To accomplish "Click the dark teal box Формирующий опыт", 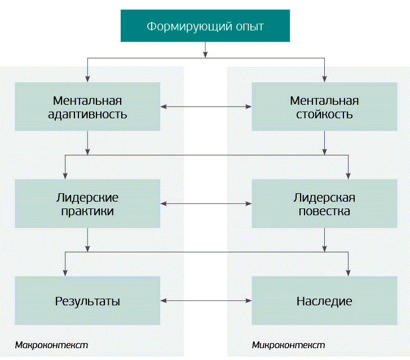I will [x=205, y=26].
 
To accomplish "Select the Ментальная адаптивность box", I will [x=87, y=108].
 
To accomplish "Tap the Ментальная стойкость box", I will [x=324, y=108].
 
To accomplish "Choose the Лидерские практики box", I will [x=87, y=205].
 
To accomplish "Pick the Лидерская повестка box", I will [x=324, y=205].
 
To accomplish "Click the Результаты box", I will [x=87, y=301].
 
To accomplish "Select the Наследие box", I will [x=324, y=301].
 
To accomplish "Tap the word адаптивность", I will [x=87, y=114].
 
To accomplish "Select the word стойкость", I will [x=324, y=114].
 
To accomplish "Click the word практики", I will [x=87, y=212].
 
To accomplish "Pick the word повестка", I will [x=324, y=212].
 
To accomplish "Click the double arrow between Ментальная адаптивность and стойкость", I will [x=205, y=106].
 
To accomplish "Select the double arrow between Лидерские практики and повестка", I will [x=205, y=203].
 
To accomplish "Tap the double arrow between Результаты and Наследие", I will [x=205, y=301].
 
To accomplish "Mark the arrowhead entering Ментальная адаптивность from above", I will [x=87, y=79].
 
